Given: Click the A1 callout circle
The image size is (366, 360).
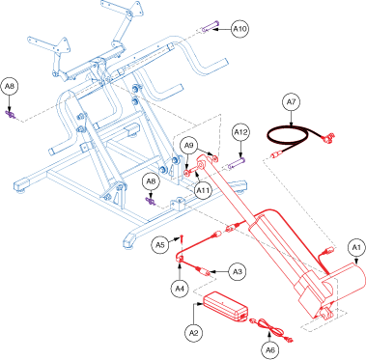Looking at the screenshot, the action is pos(356,247).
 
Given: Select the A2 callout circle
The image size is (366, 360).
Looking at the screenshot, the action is pos(193,334).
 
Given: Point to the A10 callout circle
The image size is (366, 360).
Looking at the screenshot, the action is pos(240,29).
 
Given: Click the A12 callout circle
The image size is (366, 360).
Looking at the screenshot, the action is pos(241,132).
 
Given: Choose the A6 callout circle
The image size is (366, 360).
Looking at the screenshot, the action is pos(270,349).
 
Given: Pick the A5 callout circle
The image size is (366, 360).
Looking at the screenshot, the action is pos(160,245).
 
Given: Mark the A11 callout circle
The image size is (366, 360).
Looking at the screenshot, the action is pos(203,191).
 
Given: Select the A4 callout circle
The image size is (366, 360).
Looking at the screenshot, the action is pos(180,289).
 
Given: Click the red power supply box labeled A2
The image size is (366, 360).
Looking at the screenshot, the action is pos(225,306).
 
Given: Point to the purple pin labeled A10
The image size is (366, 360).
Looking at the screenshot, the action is pos(211,27).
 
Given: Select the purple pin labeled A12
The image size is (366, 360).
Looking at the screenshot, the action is pos(237,163).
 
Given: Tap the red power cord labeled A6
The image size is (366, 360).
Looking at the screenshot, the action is pos(269,329).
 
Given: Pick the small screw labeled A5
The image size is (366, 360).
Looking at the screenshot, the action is pos(182,239).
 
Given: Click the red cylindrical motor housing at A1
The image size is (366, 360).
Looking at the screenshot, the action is pos(347,283).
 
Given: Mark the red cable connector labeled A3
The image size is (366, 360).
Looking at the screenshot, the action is pos(204,271).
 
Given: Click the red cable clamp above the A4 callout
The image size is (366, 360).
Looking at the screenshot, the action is pos(180,259).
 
